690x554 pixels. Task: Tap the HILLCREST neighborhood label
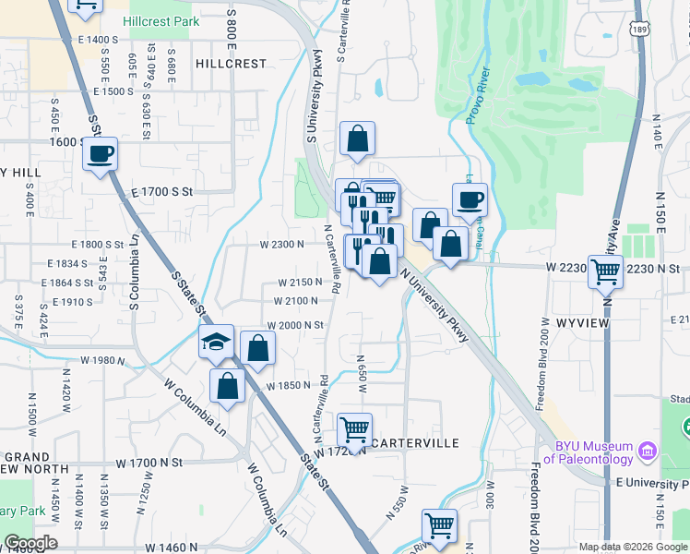point(231,64)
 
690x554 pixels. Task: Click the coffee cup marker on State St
point(101,154)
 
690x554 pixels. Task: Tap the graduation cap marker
point(215,343)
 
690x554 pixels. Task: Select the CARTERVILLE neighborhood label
point(416,443)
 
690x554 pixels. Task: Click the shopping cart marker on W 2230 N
point(605,271)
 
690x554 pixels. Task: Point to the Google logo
point(30,543)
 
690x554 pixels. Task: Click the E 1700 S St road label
point(161,192)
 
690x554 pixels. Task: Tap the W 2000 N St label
point(295,325)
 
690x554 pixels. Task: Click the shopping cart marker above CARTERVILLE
point(354,430)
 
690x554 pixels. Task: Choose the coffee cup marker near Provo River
point(470,200)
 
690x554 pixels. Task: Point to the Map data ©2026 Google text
point(633,547)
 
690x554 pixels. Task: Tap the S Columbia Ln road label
point(135,271)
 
